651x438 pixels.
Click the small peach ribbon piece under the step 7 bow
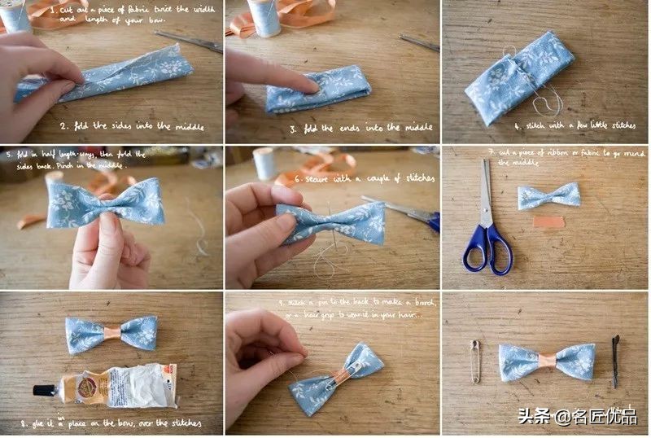coord(548,221)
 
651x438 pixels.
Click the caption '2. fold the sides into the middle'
coord(130,126)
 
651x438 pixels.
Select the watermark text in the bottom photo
coord(577,417)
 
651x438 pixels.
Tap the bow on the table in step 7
coord(548,195)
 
